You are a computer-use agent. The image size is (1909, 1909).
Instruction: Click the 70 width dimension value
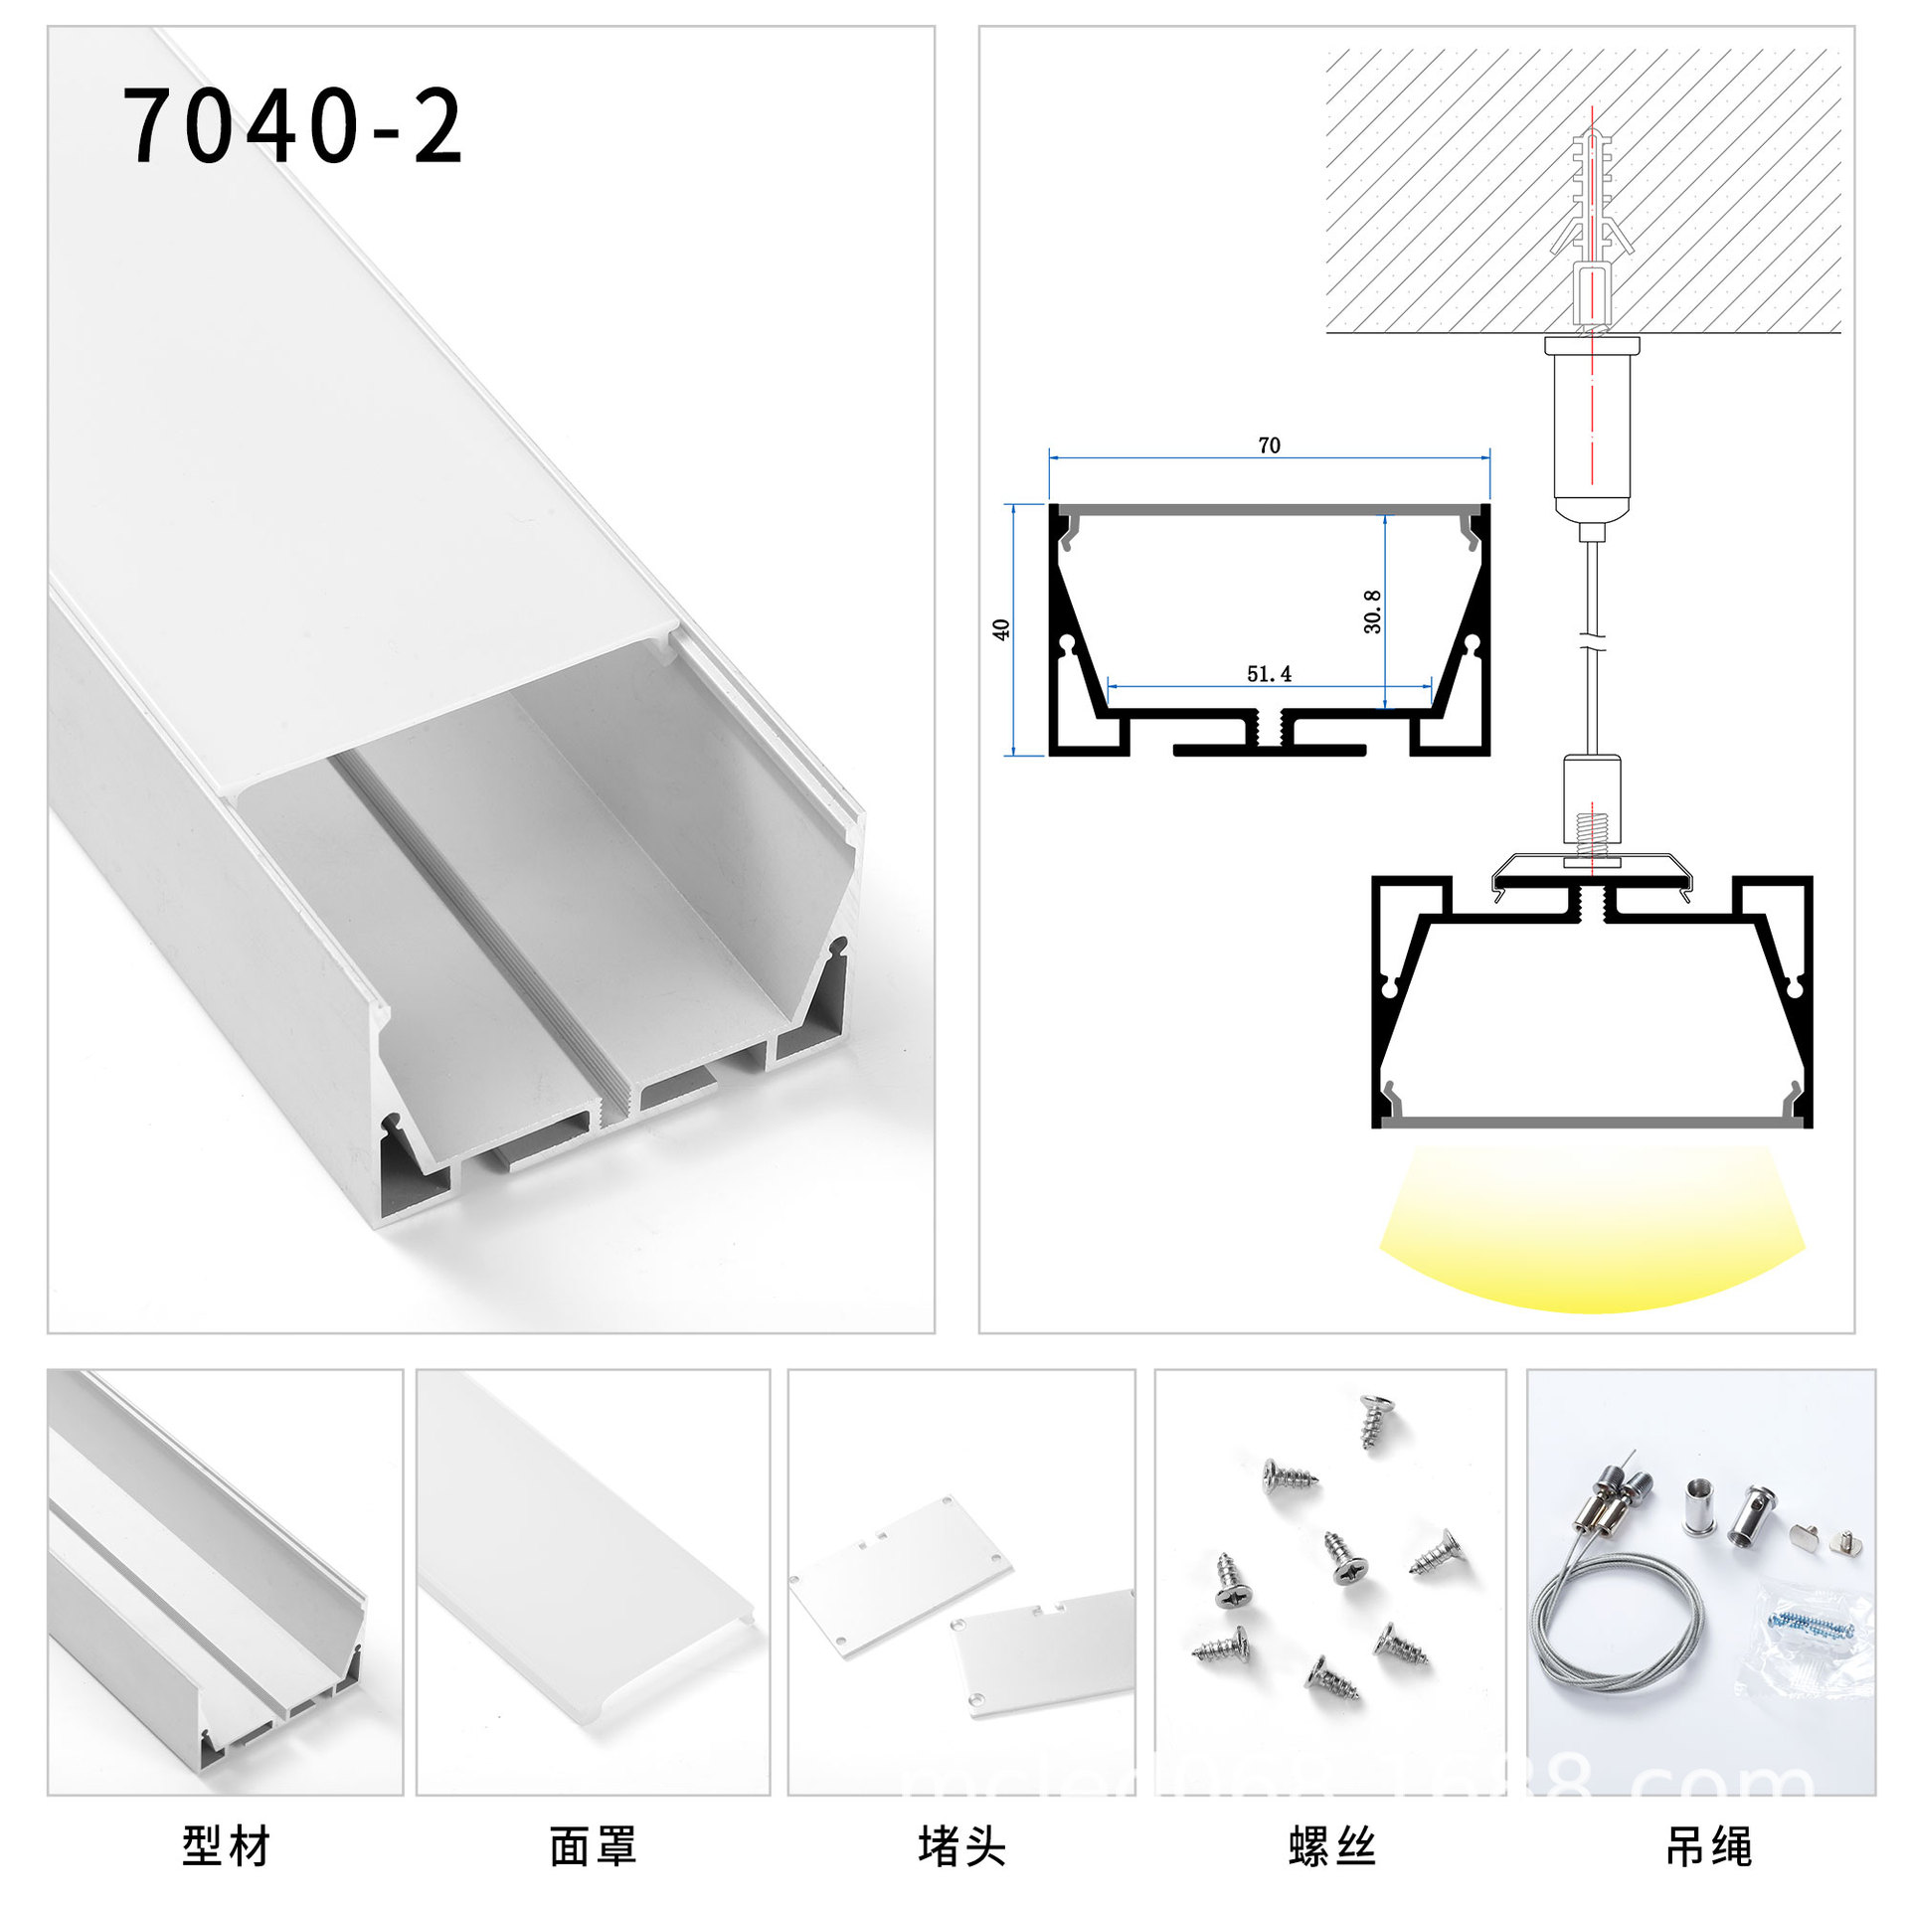tap(1269, 445)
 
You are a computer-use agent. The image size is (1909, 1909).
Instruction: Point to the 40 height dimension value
tap(1001, 629)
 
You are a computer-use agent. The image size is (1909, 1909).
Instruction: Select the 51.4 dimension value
tap(1269, 674)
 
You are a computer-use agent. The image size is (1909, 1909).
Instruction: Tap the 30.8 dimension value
tap(1372, 611)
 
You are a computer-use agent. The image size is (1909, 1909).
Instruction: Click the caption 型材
tap(226, 1846)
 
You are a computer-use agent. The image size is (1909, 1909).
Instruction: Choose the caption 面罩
tap(593, 1846)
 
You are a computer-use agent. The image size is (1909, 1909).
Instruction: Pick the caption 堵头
tap(961, 1846)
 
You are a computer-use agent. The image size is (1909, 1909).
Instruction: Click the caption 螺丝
tap(1331, 1846)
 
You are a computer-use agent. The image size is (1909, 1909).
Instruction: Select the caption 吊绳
tap(1708, 1846)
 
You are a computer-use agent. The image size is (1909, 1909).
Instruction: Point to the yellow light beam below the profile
tap(1591, 1233)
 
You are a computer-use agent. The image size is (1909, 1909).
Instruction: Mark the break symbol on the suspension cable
tap(1592, 640)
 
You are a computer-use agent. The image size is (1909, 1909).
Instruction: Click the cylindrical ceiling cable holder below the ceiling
tap(1592, 428)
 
